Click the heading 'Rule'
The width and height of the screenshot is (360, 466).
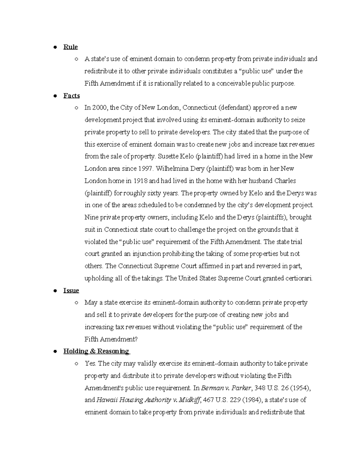[x=70, y=47]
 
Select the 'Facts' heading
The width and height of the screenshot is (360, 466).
[x=71, y=96]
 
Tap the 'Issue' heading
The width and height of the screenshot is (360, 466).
[x=71, y=290]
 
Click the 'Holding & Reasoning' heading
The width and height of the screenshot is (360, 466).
[x=96, y=351]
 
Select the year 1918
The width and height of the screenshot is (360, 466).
[x=140, y=181]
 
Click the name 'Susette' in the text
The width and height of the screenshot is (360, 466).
[x=168, y=156]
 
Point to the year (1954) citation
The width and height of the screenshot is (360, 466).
[x=300, y=388]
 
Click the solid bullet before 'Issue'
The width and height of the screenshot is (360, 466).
[x=55, y=291]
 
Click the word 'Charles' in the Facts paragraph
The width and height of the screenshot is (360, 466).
[x=285, y=181]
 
